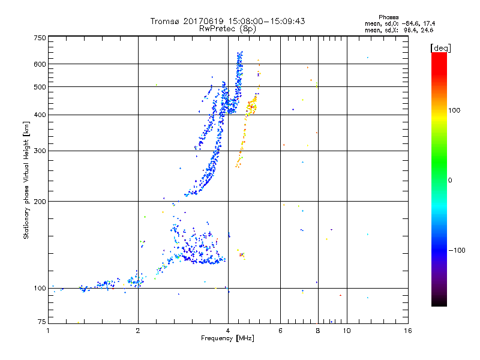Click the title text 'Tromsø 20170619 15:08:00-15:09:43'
pos(227,21)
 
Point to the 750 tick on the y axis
pos(40,37)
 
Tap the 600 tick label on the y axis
pos(40,64)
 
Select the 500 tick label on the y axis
pos(40,86)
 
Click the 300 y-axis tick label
pos(40,151)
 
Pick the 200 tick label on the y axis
pos(40,201)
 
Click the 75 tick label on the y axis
pos(41,323)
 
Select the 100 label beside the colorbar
pos(458,110)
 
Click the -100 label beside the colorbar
pos(460,250)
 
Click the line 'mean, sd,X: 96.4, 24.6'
pos(399,29)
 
